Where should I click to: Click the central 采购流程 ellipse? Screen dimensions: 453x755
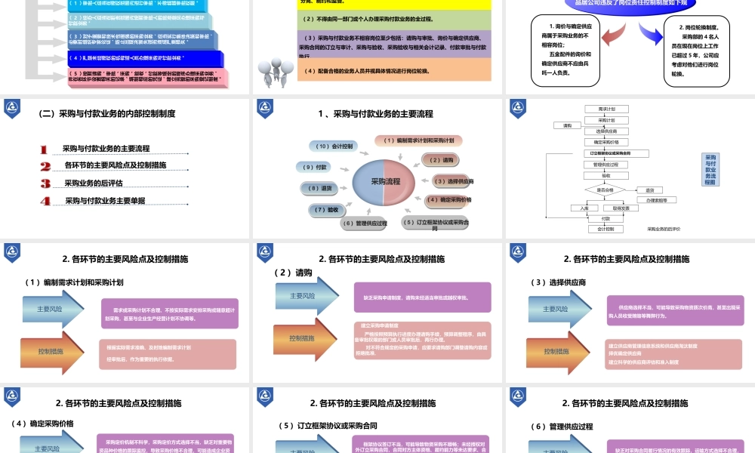[385, 181]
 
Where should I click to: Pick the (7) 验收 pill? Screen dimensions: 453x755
[327, 209]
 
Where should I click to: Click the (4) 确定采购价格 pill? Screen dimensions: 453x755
[449, 200]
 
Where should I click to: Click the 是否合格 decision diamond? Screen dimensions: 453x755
[605, 190]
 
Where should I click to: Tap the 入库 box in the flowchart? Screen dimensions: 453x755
[584, 208]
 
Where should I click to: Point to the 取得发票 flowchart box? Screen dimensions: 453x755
[621, 208]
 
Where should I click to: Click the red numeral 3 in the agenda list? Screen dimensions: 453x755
[45, 183]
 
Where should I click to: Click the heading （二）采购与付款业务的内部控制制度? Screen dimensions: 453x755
[107, 114]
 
